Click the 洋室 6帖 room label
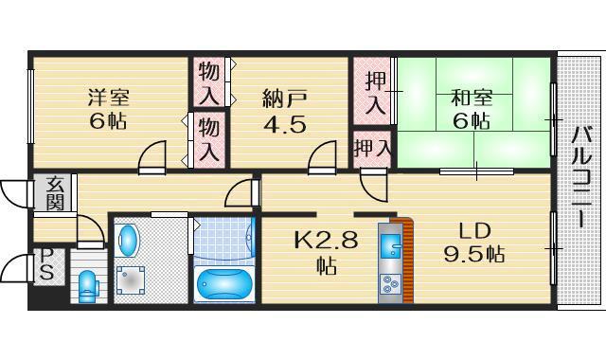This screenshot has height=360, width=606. click(x=108, y=109)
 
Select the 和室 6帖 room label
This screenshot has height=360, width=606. click(x=472, y=110)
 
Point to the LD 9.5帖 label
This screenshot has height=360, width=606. click(x=474, y=243)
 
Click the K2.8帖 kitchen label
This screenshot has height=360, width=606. click(x=326, y=252)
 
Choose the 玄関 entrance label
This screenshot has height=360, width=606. click(x=55, y=193)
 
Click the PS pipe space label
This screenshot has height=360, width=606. click(x=46, y=264)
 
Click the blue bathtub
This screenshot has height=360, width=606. click(x=224, y=284)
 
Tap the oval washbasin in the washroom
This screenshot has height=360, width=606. click(x=128, y=241)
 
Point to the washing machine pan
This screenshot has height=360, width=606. click(x=131, y=280)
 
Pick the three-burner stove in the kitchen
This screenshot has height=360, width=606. click(x=390, y=284)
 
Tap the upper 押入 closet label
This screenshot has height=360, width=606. click(x=375, y=93)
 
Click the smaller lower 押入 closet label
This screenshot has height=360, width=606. click(x=372, y=148)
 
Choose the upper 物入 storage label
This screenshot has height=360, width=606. click(x=209, y=83)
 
